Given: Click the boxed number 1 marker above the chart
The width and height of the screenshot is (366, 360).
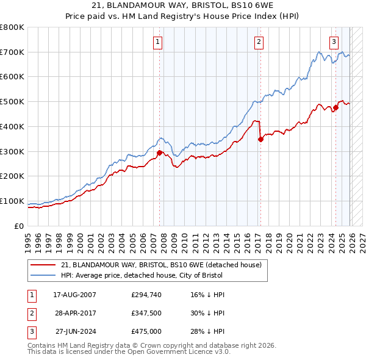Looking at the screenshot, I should click(x=157, y=42).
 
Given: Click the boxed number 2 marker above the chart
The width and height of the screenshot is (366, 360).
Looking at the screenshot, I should click(x=259, y=42).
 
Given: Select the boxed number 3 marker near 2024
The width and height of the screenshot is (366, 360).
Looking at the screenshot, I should click(x=334, y=42).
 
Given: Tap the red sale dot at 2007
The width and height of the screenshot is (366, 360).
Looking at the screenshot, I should click(x=160, y=153).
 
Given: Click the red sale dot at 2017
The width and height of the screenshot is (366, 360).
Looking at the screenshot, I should click(x=260, y=139).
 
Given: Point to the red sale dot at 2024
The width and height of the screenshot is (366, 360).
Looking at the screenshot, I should click(x=335, y=107).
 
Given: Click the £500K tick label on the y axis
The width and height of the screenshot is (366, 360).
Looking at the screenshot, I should click(x=12, y=102).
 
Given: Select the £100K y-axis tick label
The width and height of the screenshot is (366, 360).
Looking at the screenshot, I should click(x=12, y=201).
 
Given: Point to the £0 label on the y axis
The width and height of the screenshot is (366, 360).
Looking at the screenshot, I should click(x=20, y=226).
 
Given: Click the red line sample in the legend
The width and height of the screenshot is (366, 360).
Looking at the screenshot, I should click(x=42, y=265).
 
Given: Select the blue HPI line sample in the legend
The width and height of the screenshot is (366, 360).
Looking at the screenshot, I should click(x=42, y=275).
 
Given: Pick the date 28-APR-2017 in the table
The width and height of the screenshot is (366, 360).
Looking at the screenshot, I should click(x=74, y=313).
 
